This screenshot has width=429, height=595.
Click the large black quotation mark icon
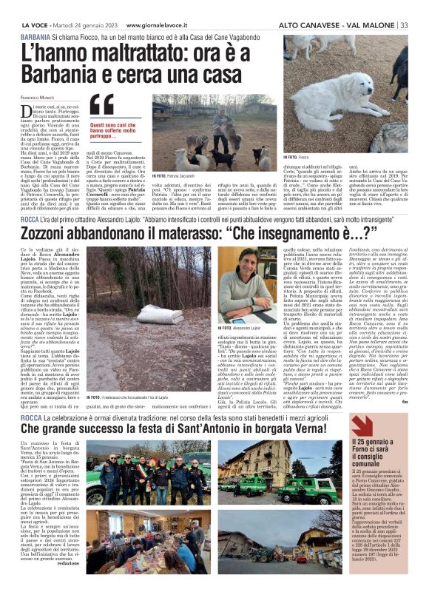click(101, 107)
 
